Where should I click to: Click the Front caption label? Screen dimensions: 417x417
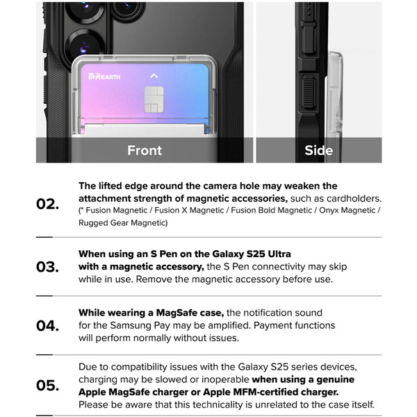pyautogui.click(x=145, y=150)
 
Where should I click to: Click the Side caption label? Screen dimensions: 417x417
pyautogui.click(x=319, y=150)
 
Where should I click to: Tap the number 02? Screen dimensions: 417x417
pyautogui.click(x=48, y=204)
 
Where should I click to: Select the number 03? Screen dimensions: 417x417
pyautogui.click(x=48, y=267)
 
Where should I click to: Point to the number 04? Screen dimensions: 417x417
pyautogui.click(x=48, y=326)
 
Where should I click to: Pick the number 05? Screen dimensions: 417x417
pyautogui.click(x=48, y=386)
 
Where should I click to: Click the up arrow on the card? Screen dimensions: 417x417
pyautogui.click(x=154, y=75)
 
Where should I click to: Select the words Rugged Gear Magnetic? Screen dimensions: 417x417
pyautogui.click(x=123, y=222)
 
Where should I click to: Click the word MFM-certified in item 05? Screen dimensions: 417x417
pyautogui.click(x=252, y=392)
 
